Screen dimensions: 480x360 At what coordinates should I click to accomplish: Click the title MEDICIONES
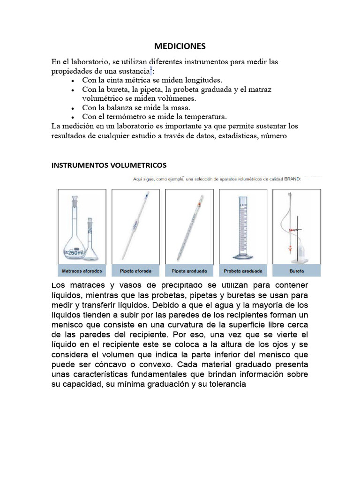click(x=180, y=46)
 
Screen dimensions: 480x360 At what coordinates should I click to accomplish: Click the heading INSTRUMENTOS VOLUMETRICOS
click(x=109, y=165)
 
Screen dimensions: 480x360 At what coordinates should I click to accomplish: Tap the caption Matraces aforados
click(x=82, y=271)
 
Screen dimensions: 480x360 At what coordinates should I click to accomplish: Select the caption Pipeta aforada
click(x=136, y=271)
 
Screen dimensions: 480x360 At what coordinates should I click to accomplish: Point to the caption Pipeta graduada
click(x=189, y=271)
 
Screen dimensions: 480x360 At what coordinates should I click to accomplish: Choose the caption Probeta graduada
click(x=243, y=271)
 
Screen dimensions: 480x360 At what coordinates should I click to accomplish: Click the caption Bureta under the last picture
click(x=296, y=271)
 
